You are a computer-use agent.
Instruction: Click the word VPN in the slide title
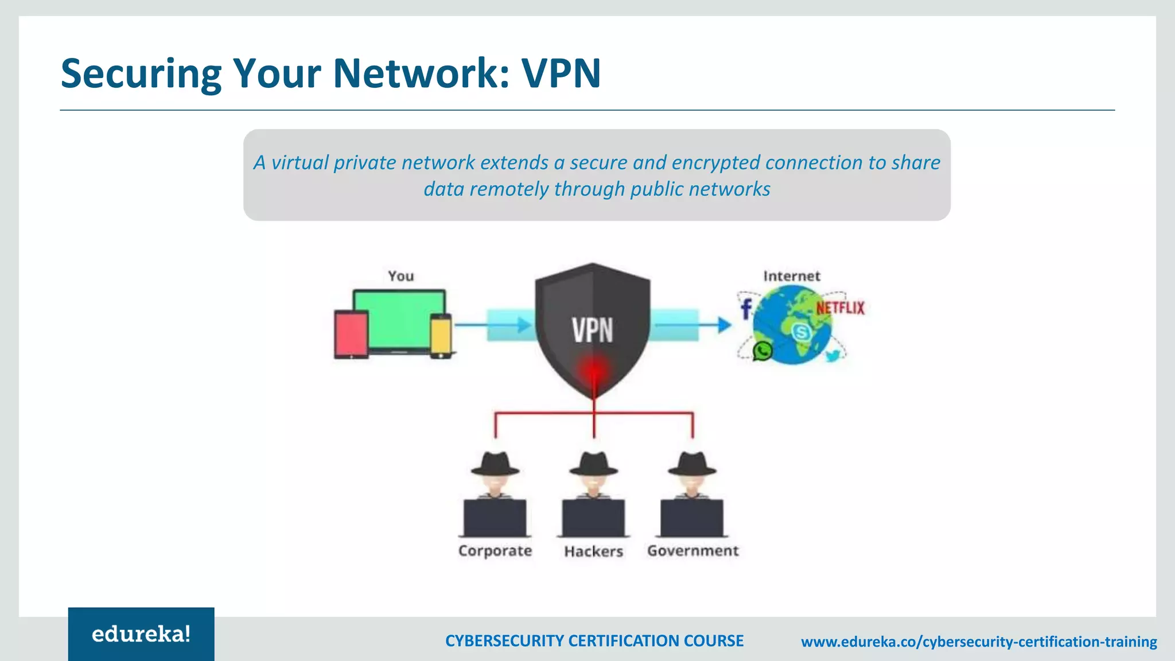[561, 73]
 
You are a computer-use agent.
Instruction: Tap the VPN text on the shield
[592, 330]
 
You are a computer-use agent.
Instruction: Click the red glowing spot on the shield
[594, 370]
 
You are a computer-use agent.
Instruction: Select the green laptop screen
[399, 319]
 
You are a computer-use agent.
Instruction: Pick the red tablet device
[351, 335]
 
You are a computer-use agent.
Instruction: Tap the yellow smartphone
[441, 338]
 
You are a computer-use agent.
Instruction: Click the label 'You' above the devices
[400, 276]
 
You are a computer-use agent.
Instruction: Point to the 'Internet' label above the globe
[791, 276]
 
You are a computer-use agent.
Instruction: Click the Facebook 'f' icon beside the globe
[745, 309]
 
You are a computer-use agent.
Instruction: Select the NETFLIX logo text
[840, 308]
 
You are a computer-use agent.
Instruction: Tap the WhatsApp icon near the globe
[762, 351]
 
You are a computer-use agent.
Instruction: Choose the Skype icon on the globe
[801, 332]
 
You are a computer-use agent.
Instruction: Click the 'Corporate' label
[495, 551]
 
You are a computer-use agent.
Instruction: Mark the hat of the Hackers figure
[593, 464]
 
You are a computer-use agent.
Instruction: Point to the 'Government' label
[692, 551]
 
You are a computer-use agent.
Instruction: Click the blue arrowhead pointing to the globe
[724, 325]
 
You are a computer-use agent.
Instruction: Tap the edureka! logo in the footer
[141, 634]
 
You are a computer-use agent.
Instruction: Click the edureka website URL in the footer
[979, 641]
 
